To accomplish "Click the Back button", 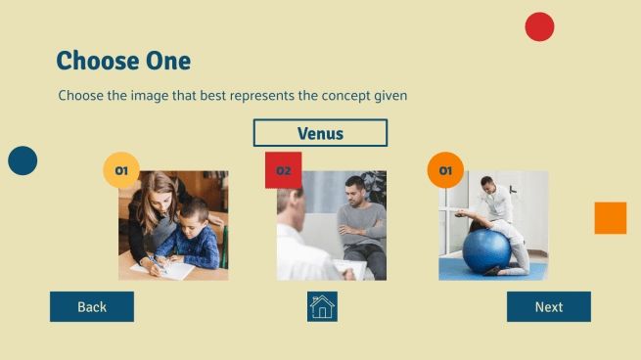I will [92, 306].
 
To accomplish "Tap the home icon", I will [322, 306].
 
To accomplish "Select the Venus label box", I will [320, 133].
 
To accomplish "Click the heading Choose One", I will [123, 61].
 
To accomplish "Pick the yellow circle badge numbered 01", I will [121, 170].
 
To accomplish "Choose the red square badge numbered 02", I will [283, 170].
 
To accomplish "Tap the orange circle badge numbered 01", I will [445, 170].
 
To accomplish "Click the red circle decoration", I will [539, 26].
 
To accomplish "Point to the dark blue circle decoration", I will [23, 160].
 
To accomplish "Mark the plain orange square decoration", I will [610, 217].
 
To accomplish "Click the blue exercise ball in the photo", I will [485, 251].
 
